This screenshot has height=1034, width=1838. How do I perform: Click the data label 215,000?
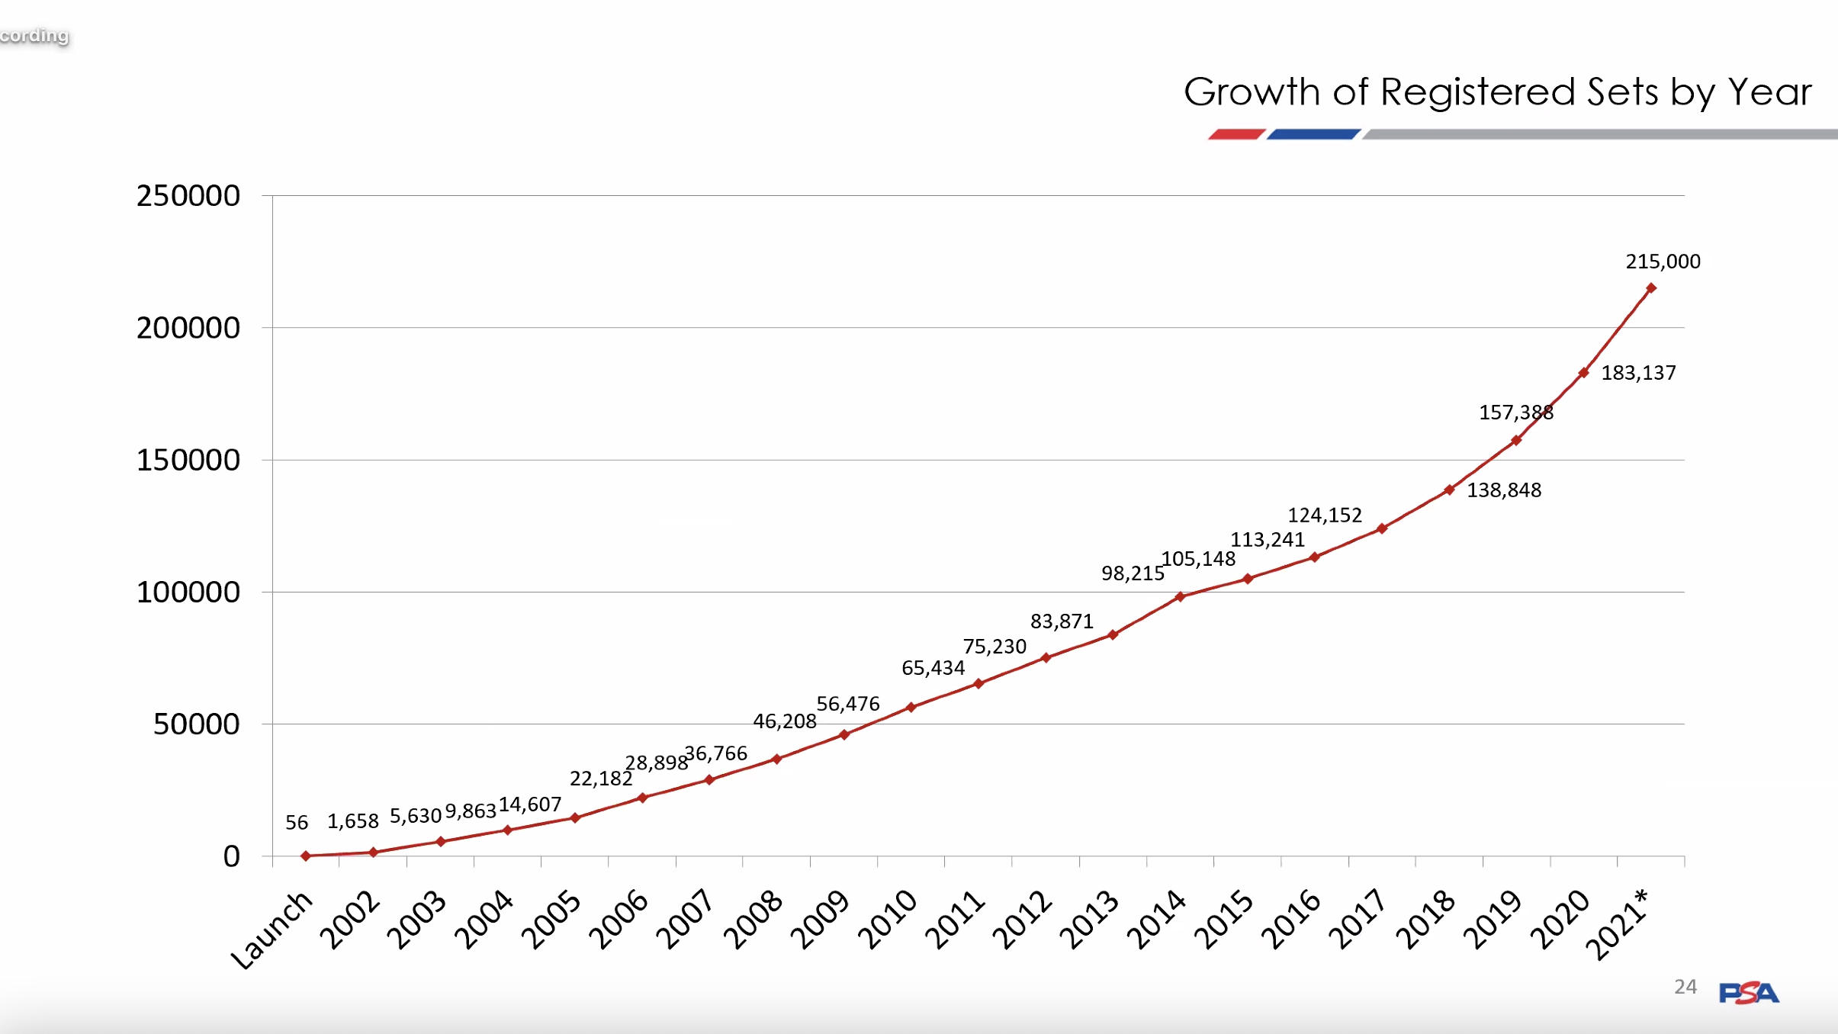[x=1663, y=262]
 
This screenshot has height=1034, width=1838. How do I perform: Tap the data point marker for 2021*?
[x=1650, y=288]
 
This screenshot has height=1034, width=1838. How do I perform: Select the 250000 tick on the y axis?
[x=188, y=196]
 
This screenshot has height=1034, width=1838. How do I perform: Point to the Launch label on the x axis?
[x=272, y=930]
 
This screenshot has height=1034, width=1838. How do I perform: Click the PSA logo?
[x=1748, y=992]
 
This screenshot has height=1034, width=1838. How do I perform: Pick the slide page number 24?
[x=1685, y=987]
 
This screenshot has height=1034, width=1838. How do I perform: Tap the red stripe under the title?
[x=1236, y=134]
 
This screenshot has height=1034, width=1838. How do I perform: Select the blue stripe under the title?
[x=1313, y=134]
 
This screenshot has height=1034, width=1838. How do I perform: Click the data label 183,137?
[x=1638, y=373]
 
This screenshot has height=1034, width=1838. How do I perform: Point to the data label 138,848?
[x=1504, y=490]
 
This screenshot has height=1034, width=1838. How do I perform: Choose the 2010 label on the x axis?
[x=888, y=920]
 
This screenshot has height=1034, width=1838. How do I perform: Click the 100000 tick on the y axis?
[x=188, y=592]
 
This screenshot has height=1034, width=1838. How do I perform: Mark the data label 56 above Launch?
[x=297, y=823]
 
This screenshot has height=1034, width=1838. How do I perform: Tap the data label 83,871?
[x=1062, y=621]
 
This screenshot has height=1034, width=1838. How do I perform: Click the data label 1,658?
[x=353, y=821]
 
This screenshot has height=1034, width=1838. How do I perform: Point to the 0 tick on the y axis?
[x=231, y=856]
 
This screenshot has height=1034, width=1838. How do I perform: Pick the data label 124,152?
[x=1325, y=515]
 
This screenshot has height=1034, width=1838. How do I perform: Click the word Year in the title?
[x=1769, y=92]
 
